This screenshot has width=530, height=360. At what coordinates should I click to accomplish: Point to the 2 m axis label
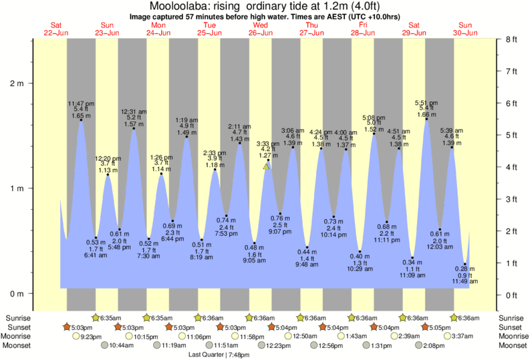pyautogui.click(x=16, y=83)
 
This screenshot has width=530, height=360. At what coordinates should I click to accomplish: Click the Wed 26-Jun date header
pyautogui.click(x=260, y=29)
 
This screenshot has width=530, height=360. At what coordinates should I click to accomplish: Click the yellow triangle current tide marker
pyautogui.click(x=267, y=166)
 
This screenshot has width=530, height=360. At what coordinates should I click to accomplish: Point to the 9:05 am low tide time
pyautogui.click(x=255, y=261)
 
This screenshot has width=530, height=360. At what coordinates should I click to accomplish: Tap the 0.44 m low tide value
pyautogui.click(x=307, y=252)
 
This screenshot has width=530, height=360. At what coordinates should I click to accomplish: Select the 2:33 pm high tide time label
pyautogui.click(x=215, y=153)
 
